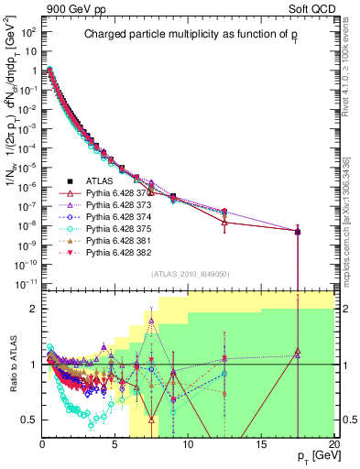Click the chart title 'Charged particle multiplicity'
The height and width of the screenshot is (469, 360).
(x=188, y=35)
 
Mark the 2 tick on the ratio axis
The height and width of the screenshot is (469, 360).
(x=34, y=309)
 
